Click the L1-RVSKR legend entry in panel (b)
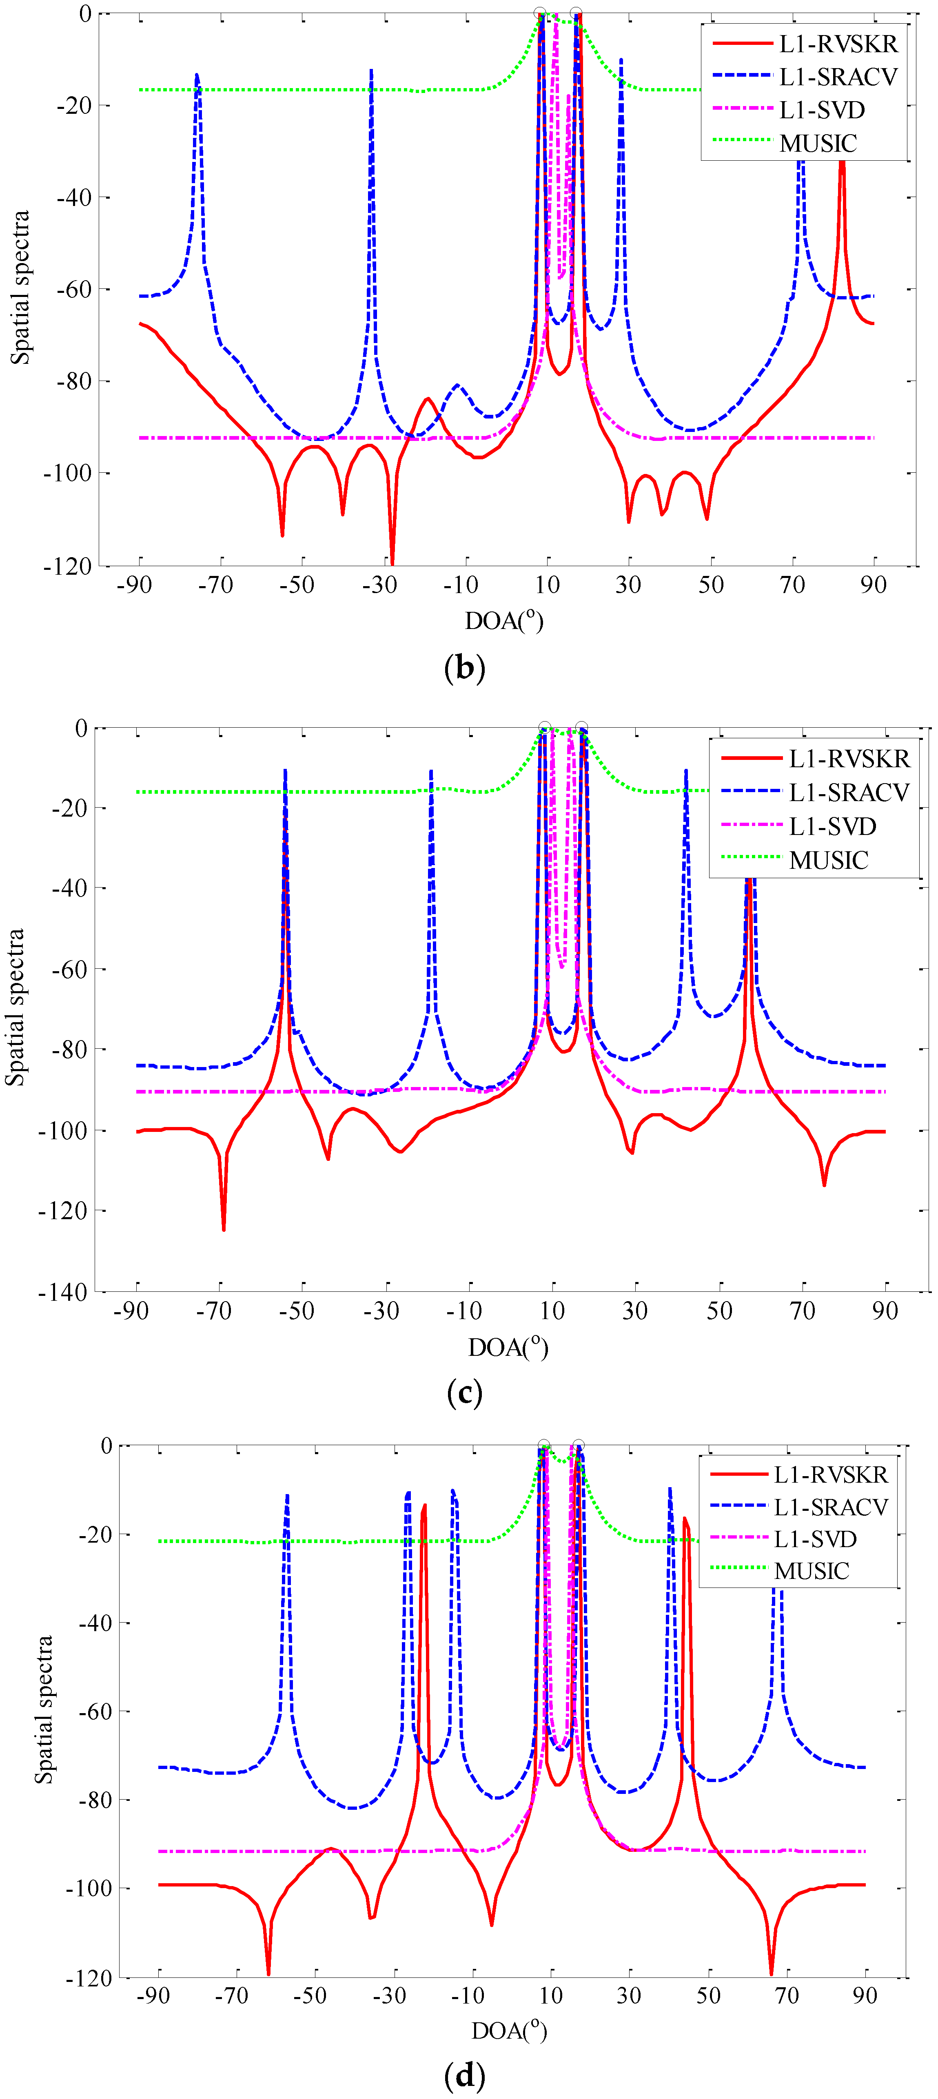[x=838, y=44]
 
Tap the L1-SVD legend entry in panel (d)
[x=815, y=1539]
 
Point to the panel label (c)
[x=465, y=1393]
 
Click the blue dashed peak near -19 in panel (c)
[x=431, y=771]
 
